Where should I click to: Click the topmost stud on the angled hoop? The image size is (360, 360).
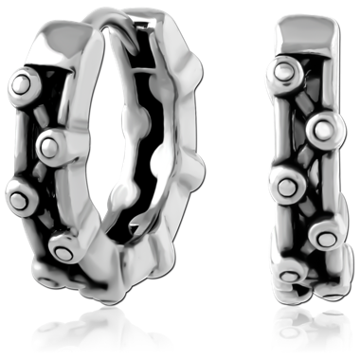18,84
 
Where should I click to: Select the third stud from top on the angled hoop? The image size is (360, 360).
21,198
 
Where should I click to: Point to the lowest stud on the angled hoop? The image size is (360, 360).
64,248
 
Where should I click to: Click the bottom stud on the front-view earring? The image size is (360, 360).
290,276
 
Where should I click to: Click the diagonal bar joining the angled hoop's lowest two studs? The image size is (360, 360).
43,224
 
